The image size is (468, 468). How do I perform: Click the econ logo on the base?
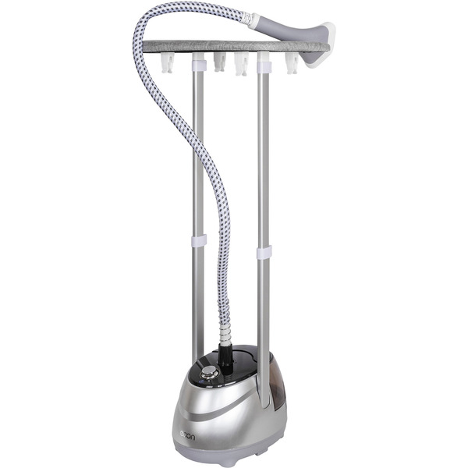coord(187,438)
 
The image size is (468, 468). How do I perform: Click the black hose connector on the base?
coord(227,357)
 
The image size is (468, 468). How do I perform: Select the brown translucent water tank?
coord(277,380)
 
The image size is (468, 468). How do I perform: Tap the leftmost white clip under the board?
coord(168,63)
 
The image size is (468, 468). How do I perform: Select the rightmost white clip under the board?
coord(292,63)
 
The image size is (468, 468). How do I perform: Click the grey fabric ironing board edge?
coord(236,47)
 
